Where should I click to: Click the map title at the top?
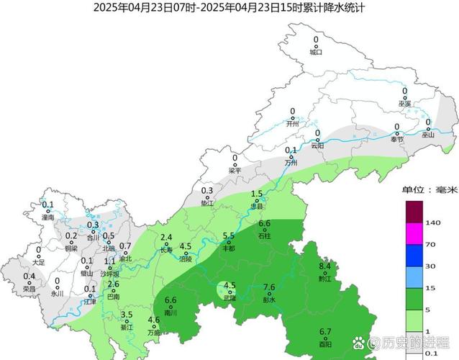229,8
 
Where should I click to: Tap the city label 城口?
316,52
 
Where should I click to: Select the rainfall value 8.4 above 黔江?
324,266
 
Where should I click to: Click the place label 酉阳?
325,344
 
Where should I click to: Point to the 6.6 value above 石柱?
264,223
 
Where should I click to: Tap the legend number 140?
433,224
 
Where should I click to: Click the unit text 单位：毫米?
429,190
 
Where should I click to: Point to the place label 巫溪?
404,104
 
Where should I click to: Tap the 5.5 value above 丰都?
229,235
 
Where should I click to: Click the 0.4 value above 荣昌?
29,276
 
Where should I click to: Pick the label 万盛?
154,333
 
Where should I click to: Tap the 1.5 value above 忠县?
257,194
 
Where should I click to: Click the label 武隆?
229,298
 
